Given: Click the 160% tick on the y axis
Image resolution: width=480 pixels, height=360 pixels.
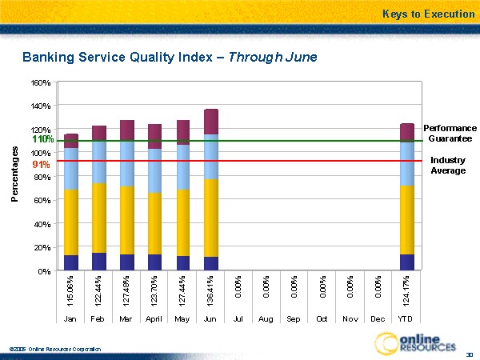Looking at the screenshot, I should (x=42, y=82).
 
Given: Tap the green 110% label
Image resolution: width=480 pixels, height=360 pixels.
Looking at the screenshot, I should (x=42, y=139).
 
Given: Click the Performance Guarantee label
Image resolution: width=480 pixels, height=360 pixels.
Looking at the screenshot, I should (x=450, y=133).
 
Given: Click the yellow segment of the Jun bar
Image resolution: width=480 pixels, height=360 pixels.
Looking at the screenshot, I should (x=211, y=218).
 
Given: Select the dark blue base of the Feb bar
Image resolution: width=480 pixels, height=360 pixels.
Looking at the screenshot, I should (x=99, y=262).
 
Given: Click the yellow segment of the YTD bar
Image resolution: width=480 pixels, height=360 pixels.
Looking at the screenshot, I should (x=406, y=220).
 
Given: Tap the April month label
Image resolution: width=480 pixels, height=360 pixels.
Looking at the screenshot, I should (x=155, y=318).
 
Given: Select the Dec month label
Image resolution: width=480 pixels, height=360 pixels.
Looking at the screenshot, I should (x=378, y=318).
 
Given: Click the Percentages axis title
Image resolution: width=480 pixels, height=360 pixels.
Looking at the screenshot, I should (x=15, y=174).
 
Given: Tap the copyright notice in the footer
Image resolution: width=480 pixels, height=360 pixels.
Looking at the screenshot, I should (x=55, y=349).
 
